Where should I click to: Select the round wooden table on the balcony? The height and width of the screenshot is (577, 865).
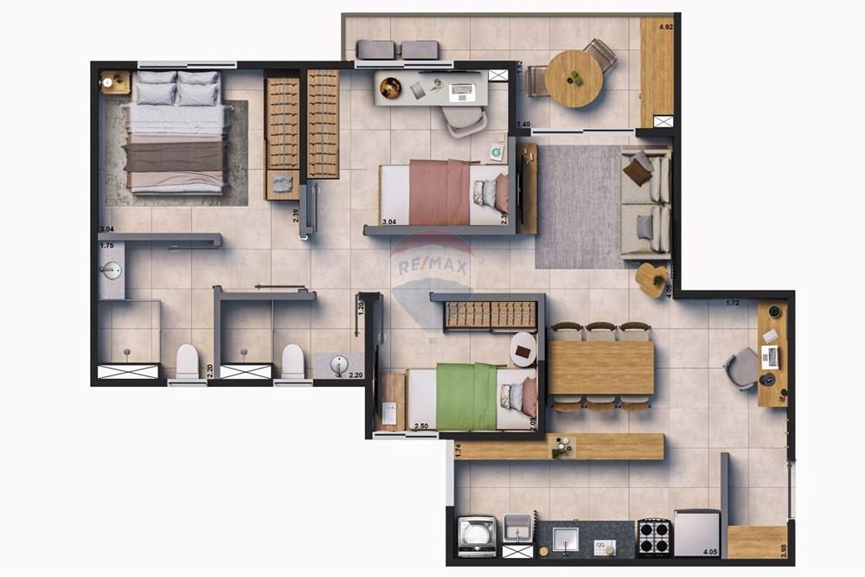click(573, 79)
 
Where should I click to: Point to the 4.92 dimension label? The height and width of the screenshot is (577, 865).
click(665, 28)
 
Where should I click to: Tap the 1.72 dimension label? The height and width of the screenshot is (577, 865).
click(732, 303)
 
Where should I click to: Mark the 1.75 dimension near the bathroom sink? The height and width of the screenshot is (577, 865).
click(107, 246)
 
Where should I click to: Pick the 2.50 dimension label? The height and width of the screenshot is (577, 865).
click(422, 426)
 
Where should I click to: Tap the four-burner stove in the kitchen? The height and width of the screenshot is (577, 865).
click(654, 535)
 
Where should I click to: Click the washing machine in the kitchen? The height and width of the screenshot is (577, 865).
click(476, 536)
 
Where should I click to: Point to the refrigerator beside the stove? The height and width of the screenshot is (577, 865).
click(696, 532)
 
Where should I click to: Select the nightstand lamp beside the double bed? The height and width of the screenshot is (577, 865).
click(108, 82)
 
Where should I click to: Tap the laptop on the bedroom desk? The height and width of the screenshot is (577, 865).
click(462, 89)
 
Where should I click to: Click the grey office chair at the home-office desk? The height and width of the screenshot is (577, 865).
click(742, 368)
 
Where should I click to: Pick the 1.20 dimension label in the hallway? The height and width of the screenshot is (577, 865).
click(362, 305)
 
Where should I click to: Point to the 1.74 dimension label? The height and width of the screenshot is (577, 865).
click(458, 449)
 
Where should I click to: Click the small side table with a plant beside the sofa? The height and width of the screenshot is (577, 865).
click(650, 279)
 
